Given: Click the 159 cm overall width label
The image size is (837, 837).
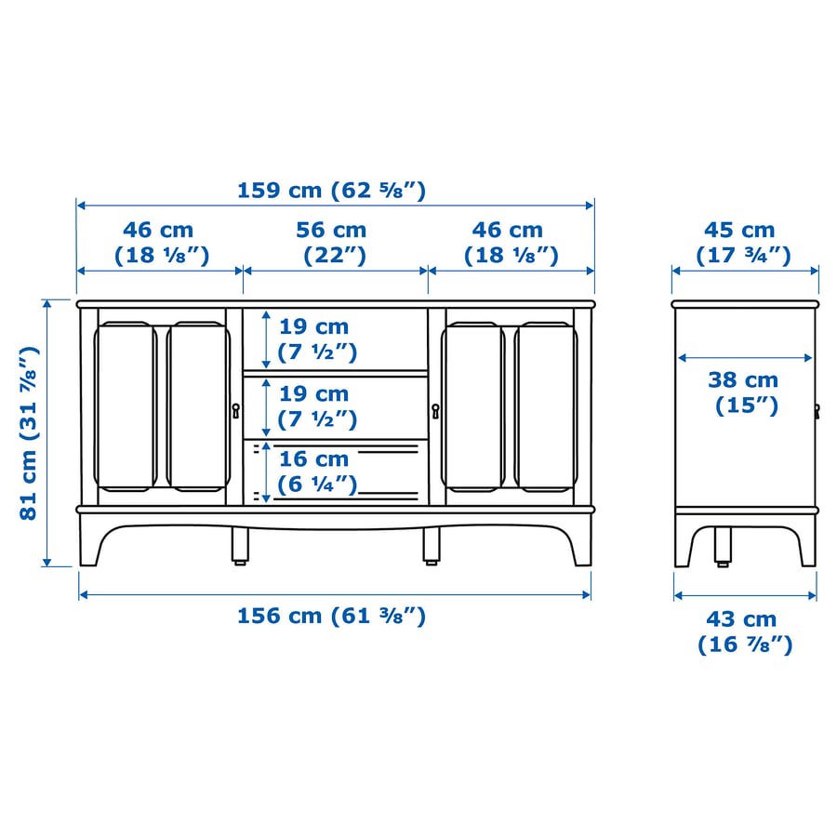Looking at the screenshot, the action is (x=331, y=191).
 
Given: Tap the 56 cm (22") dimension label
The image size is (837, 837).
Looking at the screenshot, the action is (x=331, y=243).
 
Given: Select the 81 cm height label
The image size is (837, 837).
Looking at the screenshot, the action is (x=29, y=432).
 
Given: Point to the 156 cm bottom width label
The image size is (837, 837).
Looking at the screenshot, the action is (x=331, y=616).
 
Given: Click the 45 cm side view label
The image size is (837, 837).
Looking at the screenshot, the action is (x=742, y=243).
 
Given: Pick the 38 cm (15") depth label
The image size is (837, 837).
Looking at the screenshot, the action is (x=744, y=392).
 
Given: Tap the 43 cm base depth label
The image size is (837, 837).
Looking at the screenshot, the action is (x=745, y=632).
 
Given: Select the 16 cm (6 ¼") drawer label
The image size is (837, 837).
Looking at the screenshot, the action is (x=317, y=472).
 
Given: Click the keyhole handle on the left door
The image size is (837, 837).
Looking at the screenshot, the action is (x=235, y=410).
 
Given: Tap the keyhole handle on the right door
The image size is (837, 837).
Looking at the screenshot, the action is (x=435, y=410).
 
